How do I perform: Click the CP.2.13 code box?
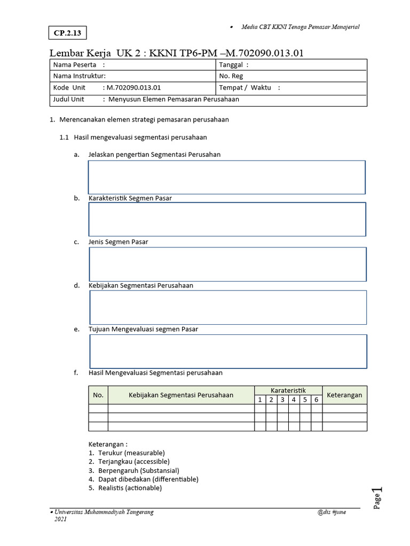pos(68,33)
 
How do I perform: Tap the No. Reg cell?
pos(231,76)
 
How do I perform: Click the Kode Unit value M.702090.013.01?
pos(133,87)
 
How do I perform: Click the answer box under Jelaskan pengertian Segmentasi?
pos(227,177)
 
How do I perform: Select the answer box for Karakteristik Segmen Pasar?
pos(227,219)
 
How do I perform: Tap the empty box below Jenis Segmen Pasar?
pos(227,263)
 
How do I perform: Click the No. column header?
pos(98,395)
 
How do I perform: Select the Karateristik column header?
pos(288,390)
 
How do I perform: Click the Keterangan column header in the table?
pos(344,395)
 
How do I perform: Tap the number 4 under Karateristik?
pos(294,399)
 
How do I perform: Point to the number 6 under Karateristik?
pos(316,399)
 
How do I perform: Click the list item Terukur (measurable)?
pos(131,453)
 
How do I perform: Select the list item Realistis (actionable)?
pos(129,488)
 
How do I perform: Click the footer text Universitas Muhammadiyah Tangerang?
pos(104,512)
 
